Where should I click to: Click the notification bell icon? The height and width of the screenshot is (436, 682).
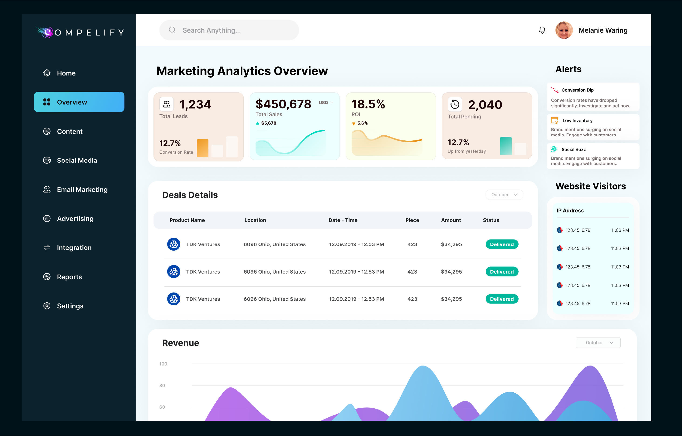point(542,30)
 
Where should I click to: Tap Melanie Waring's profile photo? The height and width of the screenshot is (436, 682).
point(564,30)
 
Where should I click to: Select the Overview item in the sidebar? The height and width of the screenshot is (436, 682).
point(79,102)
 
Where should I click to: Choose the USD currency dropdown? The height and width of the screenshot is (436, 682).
point(326,103)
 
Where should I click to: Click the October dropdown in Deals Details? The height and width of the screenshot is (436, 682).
point(504,195)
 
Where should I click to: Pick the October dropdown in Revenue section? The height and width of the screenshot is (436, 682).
point(598,342)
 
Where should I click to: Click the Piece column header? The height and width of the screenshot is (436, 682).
point(412,220)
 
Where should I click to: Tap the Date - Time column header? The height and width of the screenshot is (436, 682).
point(343,220)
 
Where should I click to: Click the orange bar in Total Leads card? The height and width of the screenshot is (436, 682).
point(203,148)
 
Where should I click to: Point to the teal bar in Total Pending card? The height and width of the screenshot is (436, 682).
point(506,146)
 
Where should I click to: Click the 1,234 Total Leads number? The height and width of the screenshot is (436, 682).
point(195,104)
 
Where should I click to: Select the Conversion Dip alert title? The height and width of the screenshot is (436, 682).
point(578,90)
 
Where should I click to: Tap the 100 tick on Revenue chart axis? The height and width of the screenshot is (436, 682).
point(163,364)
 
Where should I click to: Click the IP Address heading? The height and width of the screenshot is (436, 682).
point(570,210)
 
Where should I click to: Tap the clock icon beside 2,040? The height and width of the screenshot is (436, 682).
point(455,104)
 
